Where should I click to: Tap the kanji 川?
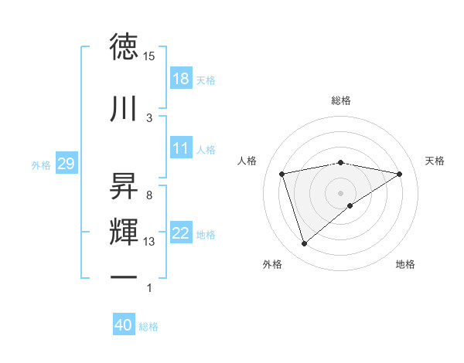(x=125, y=108)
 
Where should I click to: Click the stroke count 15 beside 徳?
(x=149, y=56)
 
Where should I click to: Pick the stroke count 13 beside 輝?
(x=149, y=242)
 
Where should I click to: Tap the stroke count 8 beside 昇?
(x=149, y=195)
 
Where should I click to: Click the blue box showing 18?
(x=181, y=79)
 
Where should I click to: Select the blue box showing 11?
(x=181, y=148)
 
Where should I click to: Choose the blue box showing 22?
(x=181, y=233)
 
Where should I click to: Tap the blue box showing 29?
(x=66, y=164)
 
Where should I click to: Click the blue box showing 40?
(x=124, y=326)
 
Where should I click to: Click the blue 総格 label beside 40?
(x=148, y=327)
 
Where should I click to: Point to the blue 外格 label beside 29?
(x=41, y=165)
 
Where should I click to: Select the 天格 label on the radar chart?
(x=435, y=161)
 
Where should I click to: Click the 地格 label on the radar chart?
(x=405, y=264)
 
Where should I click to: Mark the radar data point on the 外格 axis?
(x=304, y=244)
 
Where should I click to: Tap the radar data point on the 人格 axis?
(x=282, y=174)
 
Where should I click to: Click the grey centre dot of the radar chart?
(x=340, y=192)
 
